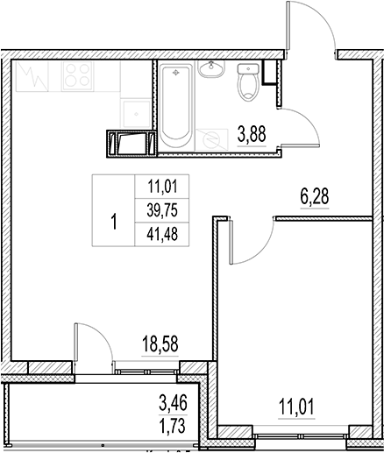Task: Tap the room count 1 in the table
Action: coord(113,219)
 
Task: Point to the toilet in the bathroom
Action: coord(247,83)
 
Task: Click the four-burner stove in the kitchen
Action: coord(76,77)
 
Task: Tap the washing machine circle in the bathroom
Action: coord(210,138)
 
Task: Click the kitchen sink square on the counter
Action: coord(134,109)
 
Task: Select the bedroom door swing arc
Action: coord(246,244)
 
